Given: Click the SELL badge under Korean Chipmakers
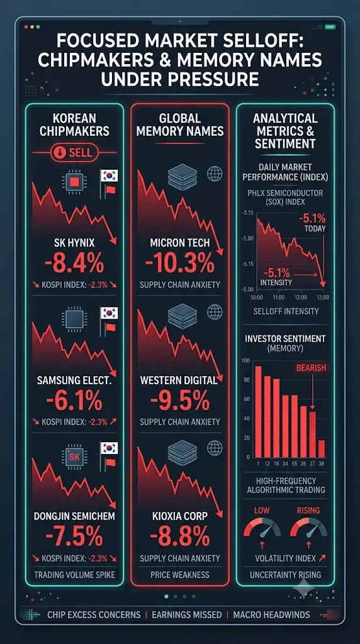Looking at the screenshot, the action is click(x=74, y=153).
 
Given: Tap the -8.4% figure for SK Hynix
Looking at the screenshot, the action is click(x=74, y=264).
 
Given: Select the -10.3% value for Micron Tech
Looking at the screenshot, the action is click(x=180, y=264).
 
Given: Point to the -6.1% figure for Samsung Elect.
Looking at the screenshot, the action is click(x=74, y=401).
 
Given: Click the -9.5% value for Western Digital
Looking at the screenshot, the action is click(x=180, y=401).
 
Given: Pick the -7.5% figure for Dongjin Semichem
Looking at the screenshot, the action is click(x=74, y=537).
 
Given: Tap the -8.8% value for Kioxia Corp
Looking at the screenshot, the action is click(x=180, y=537).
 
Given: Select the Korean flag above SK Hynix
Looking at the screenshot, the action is click(x=109, y=176).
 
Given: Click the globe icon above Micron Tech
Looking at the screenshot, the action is click(x=215, y=174).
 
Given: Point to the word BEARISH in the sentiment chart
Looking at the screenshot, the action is click(x=311, y=367).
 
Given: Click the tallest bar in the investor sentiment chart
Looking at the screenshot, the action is click(x=258, y=411).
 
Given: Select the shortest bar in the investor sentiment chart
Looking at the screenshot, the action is click(x=322, y=449).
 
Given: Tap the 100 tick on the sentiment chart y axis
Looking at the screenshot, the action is click(x=245, y=360).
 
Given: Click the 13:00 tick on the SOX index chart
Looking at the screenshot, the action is click(x=323, y=297).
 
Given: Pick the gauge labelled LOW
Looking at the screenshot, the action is click(x=262, y=528).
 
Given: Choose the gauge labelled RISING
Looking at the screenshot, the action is click(x=308, y=528).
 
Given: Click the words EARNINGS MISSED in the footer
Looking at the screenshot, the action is click(x=186, y=615).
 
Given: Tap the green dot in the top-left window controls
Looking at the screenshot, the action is click(x=38, y=26).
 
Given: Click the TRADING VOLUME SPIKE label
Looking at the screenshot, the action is click(x=74, y=575).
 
